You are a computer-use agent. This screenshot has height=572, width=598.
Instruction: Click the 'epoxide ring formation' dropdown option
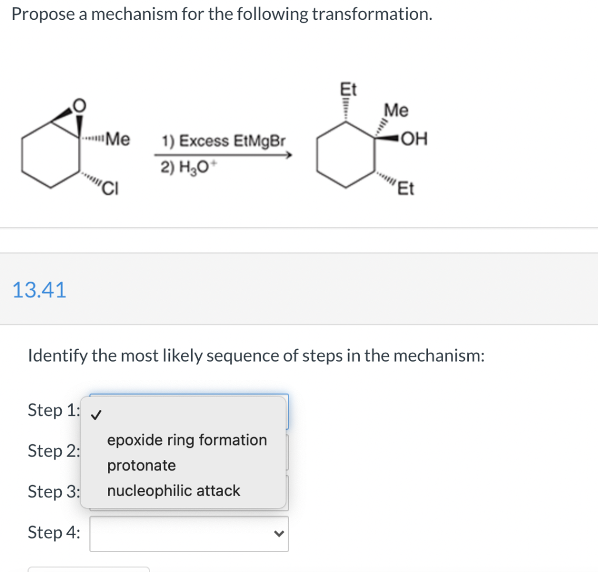coord(187,440)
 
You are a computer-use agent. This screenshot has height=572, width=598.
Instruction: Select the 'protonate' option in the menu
coord(141,465)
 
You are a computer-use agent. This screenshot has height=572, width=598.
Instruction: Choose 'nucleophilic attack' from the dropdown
coord(173,491)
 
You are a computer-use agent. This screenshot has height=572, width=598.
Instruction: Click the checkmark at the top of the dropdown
coord(98,415)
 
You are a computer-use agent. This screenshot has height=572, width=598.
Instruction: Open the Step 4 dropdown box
coord(189,534)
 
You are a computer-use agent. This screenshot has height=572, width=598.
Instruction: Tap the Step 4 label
coord(54,532)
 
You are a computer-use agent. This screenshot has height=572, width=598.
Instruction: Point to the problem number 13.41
coord(40,289)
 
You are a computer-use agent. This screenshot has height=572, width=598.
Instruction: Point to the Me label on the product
coord(397,110)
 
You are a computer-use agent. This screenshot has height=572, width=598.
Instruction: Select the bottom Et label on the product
coord(406,190)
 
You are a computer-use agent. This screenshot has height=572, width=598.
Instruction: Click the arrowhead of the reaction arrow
coord(288,155)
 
